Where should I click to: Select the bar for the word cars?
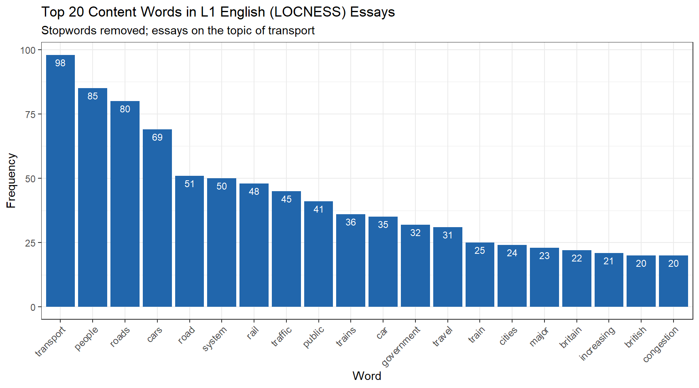point(157,218)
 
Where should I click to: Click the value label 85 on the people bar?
point(93,96)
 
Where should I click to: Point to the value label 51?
point(189,184)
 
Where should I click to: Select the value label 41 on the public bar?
point(318,209)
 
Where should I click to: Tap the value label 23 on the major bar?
point(544,256)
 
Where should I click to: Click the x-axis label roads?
point(120,337)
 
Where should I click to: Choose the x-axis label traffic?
point(282,337)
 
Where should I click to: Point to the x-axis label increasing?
point(597,343)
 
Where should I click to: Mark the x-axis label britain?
point(570,337)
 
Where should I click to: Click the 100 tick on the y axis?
point(28,50)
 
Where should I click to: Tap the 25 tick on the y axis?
point(30,243)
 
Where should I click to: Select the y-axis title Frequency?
point(11,180)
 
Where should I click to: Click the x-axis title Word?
point(366,376)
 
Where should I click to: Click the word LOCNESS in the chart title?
point(309,12)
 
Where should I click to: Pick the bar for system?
point(221,242)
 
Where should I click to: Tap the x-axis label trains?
point(346,337)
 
